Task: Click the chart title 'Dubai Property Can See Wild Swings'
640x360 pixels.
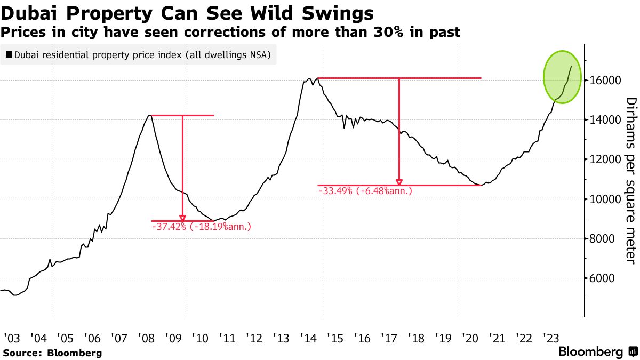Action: (x=187, y=12)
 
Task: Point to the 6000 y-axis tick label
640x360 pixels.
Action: (x=604, y=278)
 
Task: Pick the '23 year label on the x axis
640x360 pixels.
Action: (x=550, y=338)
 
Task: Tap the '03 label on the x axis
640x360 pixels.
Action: (x=11, y=338)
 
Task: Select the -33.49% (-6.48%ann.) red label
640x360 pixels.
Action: (x=365, y=191)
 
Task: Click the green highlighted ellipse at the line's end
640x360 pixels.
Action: (x=562, y=76)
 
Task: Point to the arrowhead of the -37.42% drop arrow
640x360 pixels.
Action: (x=183, y=218)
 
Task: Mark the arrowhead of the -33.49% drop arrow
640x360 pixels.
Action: (x=399, y=182)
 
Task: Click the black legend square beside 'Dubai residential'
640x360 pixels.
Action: (x=9, y=54)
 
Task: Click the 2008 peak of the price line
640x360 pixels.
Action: (x=150, y=115)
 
